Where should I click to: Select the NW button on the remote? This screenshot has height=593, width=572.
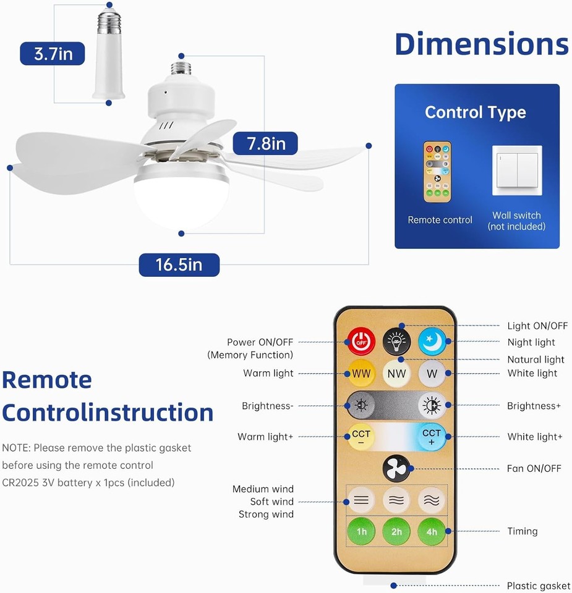(x=396, y=373)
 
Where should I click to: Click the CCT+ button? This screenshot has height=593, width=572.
(x=432, y=437)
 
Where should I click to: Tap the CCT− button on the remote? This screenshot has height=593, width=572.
(x=361, y=437)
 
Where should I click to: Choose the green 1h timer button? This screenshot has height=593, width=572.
(x=361, y=531)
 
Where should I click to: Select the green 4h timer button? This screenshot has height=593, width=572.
(x=432, y=531)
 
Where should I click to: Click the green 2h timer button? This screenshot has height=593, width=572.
(x=396, y=531)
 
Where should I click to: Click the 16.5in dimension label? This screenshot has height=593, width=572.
(x=179, y=264)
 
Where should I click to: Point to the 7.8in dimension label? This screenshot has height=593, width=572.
(x=266, y=144)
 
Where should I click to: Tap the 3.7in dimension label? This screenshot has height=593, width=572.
(x=53, y=54)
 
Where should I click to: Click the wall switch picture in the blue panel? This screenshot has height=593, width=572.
(x=516, y=170)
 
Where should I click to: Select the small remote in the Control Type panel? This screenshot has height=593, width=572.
(x=437, y=172)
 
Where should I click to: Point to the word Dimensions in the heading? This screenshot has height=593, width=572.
(x=481, y=44)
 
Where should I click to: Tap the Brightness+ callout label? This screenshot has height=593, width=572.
(x=534, y=406)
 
